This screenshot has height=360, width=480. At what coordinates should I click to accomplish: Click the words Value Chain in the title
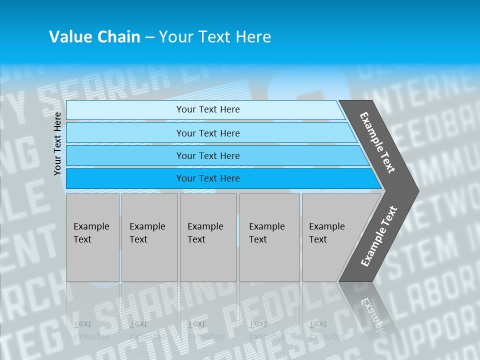pyautogui.click(x=94, y=36)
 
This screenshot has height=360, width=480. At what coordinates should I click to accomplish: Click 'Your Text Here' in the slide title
pyautogui.click(x=215, y=36)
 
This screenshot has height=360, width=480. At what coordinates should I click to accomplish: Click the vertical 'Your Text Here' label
pyautogui.click(x=57, y=143)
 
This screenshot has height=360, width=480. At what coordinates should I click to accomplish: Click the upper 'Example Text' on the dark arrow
pyautogui.click(x=377, y=142)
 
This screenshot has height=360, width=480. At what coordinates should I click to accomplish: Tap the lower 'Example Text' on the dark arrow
pyautogui.click(x=379, y=236)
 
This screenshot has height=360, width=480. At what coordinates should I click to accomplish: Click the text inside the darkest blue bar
pyautogui.click(x=208, y=178)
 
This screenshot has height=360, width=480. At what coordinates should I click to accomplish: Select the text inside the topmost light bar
pyautogui.click(x=208, y=109)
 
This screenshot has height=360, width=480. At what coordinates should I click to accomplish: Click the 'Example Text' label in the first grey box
pyautogui.click(x=91, y=232)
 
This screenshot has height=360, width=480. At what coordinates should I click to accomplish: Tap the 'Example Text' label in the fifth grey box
pyautogui.click(x=326, y=232)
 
